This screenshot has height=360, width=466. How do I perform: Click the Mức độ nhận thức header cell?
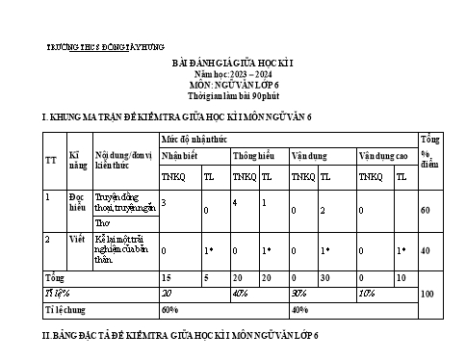coord(194,140)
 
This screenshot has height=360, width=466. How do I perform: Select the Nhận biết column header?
coord(180,155)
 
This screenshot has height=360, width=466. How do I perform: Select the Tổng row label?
coord(54,276)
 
